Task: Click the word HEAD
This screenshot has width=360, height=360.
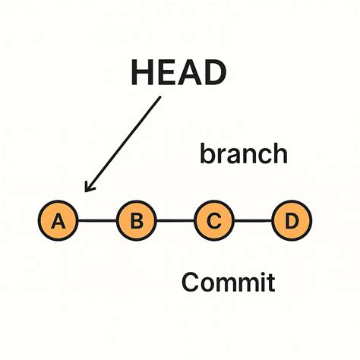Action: (x=178, y=74)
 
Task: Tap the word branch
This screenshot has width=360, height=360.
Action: (x=243, y=154)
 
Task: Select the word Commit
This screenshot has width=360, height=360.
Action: (x=228, y=283)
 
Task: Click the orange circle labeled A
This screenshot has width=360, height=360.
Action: (x=58, y=222)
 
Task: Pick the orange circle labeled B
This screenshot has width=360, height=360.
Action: (x=137, y=222)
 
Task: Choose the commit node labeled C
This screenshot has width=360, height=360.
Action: (x=215, y=222)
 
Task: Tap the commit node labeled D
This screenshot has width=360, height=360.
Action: (x=292, y=222)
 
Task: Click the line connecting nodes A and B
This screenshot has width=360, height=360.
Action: (x=97, y=222)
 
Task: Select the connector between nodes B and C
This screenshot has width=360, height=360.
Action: (x=175, y=222)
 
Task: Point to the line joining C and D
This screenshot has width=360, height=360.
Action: (x=254, y=222)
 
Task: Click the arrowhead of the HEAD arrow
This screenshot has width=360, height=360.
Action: (x=89, y=188)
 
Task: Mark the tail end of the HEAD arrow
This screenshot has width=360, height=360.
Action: (x=160, y=99)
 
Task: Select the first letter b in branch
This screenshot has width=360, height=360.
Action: (x=207, y=154)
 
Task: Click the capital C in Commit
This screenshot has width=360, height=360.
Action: (x=191, y=283)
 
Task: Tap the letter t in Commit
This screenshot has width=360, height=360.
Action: (x=269, y=283)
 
